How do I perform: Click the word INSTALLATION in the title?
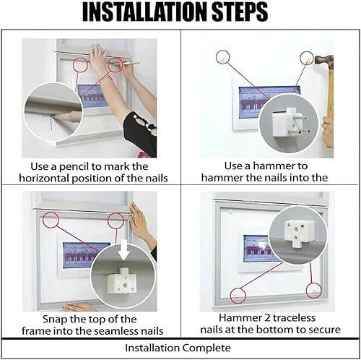[x=145, y=12]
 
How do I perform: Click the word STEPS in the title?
[x=240, y=12]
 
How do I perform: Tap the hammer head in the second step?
[x=324, y=60]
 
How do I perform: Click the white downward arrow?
[x=124, y=250]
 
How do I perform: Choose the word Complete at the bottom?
[x=206, y=348]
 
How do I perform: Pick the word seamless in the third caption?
[x=113, y=331]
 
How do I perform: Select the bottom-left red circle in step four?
[x=238, y=296]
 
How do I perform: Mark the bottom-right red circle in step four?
[x=314, y=291]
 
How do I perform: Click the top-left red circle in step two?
[x=222, y=57]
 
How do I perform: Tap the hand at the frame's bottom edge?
[x=78, y=307]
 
